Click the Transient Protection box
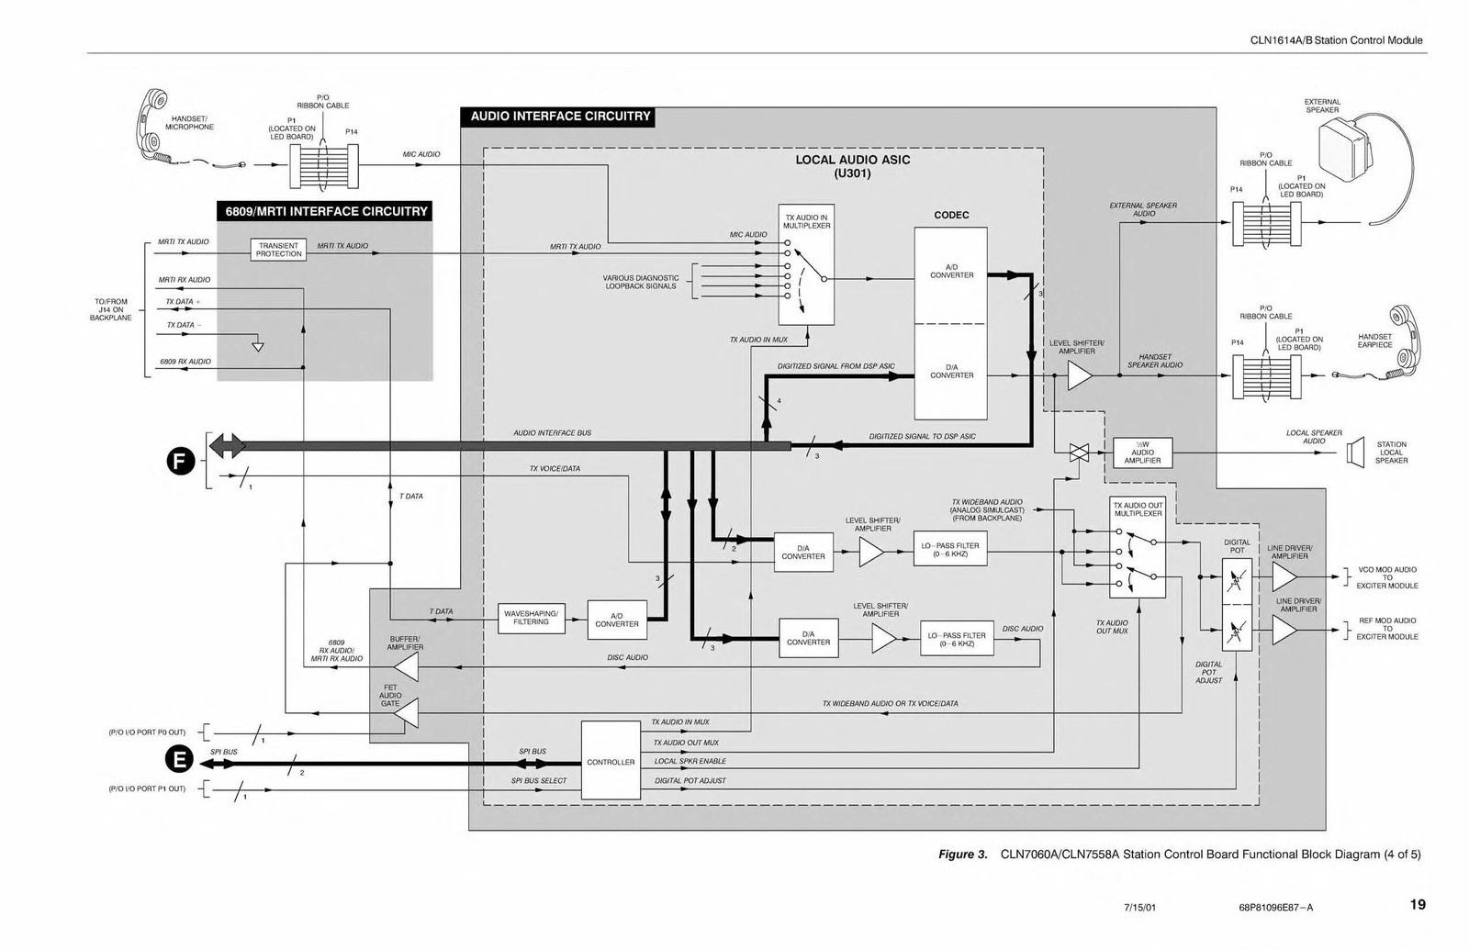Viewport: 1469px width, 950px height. click(278, 250)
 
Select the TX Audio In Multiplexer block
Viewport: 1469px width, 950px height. click(806, 264)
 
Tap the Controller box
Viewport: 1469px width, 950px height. click(611, 761)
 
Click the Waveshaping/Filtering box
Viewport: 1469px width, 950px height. click(531, 618)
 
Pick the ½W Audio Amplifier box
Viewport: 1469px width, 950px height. click(1142, 453)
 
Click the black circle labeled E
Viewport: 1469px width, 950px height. click(179, 759)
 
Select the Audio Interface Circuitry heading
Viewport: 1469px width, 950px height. click(560, 117)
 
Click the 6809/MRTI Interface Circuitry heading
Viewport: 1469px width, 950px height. click(327, 211)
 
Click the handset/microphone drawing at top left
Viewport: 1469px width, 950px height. click(153, 127)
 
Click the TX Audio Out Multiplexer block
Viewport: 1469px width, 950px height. click(1138, 548)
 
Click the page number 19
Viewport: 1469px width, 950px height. click(1418, 905)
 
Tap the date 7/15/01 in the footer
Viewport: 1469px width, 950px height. click(1139, 908)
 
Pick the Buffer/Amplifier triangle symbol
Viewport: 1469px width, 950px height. click(406, 667)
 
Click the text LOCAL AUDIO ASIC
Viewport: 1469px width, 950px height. click(852, 160)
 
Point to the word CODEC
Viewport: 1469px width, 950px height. click(951, 216)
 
